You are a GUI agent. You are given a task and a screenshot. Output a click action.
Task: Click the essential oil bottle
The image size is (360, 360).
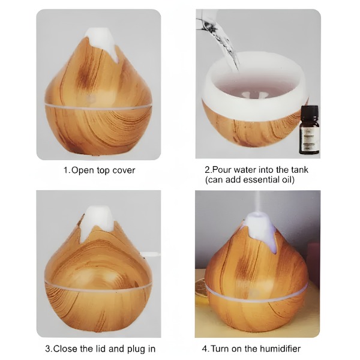pyautogui.click(x=309, y=130)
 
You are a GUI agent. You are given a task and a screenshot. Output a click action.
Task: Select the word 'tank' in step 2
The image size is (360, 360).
pyautogui.click(x=300, y=170)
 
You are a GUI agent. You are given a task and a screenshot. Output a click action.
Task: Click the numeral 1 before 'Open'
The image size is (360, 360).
pyautogui.click(x=67, y=170)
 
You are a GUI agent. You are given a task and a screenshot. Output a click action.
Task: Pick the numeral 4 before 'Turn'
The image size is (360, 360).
pyautogui.click(x=205, y=349)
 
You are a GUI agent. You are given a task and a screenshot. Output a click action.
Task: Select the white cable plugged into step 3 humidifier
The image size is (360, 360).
pyautogui.click(x=151, y=254)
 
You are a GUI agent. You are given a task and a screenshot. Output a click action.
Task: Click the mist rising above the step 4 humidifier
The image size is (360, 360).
pyautogui.click(x=258, y=203)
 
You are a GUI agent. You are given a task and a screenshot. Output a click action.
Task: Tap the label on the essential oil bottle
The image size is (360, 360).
pyautogui.click(x=310, y=139)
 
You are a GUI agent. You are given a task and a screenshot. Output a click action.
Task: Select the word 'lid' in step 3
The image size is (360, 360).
pyautogui.click(x=101, y=349)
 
